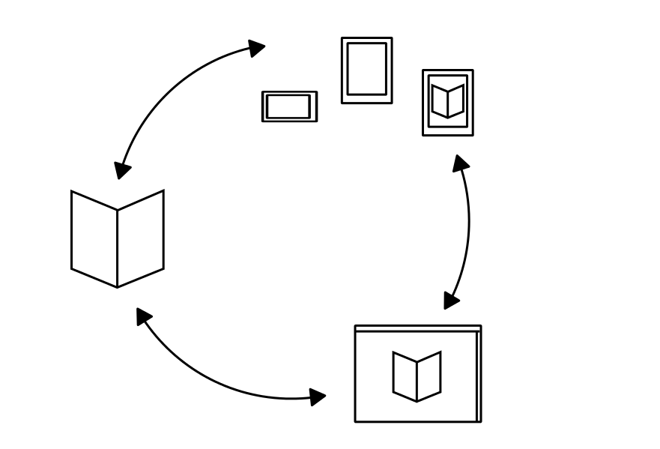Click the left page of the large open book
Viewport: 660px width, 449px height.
click(x=94, y=238)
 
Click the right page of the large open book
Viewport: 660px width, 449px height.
click(x=141, y=238)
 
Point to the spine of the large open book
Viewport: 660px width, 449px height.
click(x=118, y=248)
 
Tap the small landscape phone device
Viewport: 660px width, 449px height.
click(x=289, y=106)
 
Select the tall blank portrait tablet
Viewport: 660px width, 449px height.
click(x=367, y=70)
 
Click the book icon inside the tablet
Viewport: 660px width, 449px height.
click(x=448, y=101)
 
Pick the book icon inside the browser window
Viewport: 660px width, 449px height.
click(x=417, y=376)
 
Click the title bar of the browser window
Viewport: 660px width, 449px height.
click(x=417, y=328)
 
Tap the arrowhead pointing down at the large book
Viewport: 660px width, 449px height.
click(x=121, y=170)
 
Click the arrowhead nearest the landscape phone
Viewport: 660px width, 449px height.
click(x=257, y=49)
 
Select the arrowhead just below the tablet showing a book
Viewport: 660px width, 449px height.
click(x=461, y=163)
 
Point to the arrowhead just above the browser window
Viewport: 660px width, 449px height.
click(x=450, y=301)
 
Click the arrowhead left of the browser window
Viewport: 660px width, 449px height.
click(x=318, y=397)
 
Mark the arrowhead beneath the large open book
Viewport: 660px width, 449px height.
click(x=144, y=316)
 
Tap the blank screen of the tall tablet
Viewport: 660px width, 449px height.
click(x=367, y=69)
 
